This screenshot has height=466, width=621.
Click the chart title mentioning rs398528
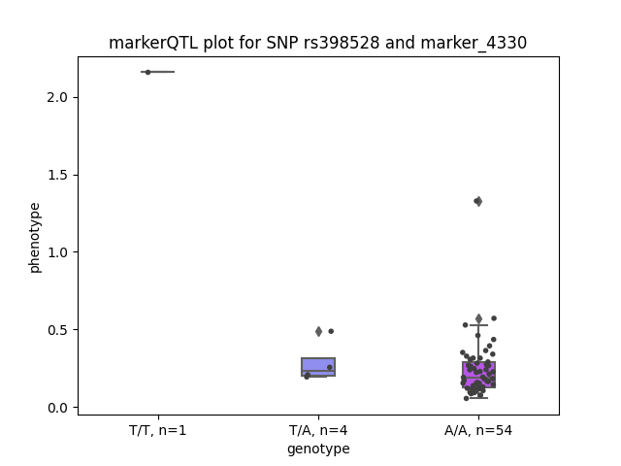point(317,43)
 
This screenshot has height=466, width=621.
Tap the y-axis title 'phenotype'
point(35,238)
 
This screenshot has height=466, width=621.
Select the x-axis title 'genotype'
point(318,449)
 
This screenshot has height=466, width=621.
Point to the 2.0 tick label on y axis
point(57,97)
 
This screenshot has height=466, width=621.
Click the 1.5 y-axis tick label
point(57,175)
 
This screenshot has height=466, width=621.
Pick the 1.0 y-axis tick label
point(57,252)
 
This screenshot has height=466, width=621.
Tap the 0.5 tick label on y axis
point(57,330)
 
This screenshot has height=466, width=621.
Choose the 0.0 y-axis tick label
point(57,408)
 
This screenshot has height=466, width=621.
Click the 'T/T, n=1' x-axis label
point(157,430)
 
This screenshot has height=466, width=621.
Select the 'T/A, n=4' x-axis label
point(318,430)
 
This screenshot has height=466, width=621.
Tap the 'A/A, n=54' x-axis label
point(478,430)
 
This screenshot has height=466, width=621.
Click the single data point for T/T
point(148,72)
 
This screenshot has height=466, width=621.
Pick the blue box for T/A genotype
point(318,367)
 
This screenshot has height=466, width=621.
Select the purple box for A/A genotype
point(478,375)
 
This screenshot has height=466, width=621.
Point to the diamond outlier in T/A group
point(319,332)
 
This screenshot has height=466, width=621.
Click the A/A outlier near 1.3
point(478,201)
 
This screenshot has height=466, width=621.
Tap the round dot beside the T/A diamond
point(331,331)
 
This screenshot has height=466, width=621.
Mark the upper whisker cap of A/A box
point(478,325)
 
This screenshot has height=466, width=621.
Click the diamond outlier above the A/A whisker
point(478,318)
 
